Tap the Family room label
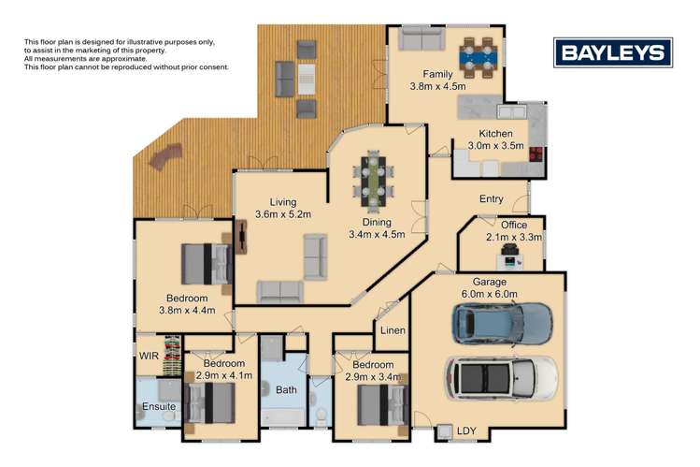(x=436, y=80)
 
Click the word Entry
(x=492, y=199)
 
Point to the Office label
(x=513, y=231)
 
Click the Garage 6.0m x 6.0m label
(x=489, y=287)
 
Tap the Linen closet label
(x=393, y=330)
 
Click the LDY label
(x=465, y=431)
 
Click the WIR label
(x=149, y=357)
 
